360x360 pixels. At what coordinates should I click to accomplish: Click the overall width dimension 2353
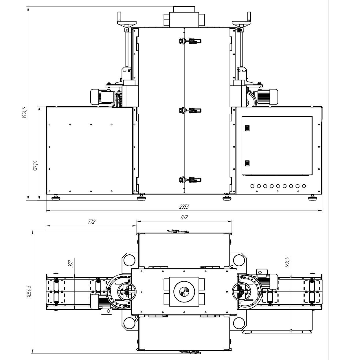point(184,207)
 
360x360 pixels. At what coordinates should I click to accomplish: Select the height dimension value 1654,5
point(25,113)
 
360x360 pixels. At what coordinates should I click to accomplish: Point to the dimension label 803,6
point(35,166)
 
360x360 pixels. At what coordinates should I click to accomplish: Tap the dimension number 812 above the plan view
point(184,217)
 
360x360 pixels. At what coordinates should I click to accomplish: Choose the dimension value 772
point(91,222)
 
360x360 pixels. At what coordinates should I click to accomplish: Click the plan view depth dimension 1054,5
point(29,291)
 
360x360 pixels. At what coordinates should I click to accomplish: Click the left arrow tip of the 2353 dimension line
point(46,211)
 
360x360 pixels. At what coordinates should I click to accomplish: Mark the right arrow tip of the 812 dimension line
point(232,221)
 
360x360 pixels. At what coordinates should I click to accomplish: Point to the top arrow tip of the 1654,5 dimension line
point(28,7)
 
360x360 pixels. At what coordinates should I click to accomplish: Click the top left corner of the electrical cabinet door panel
point(242,117)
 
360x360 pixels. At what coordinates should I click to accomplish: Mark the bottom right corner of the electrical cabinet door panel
point(312,175)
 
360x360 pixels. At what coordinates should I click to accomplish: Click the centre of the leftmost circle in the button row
point(252,186)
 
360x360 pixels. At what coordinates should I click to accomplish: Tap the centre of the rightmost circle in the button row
point(304,186)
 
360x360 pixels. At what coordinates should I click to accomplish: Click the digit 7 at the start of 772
point(89,222)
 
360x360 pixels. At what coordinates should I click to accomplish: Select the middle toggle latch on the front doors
point(190,111)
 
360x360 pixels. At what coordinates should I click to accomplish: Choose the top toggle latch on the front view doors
point(190,41)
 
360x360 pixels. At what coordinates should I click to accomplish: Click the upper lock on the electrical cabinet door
point(247,128)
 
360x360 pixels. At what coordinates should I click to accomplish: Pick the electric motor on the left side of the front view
point(102,97)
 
